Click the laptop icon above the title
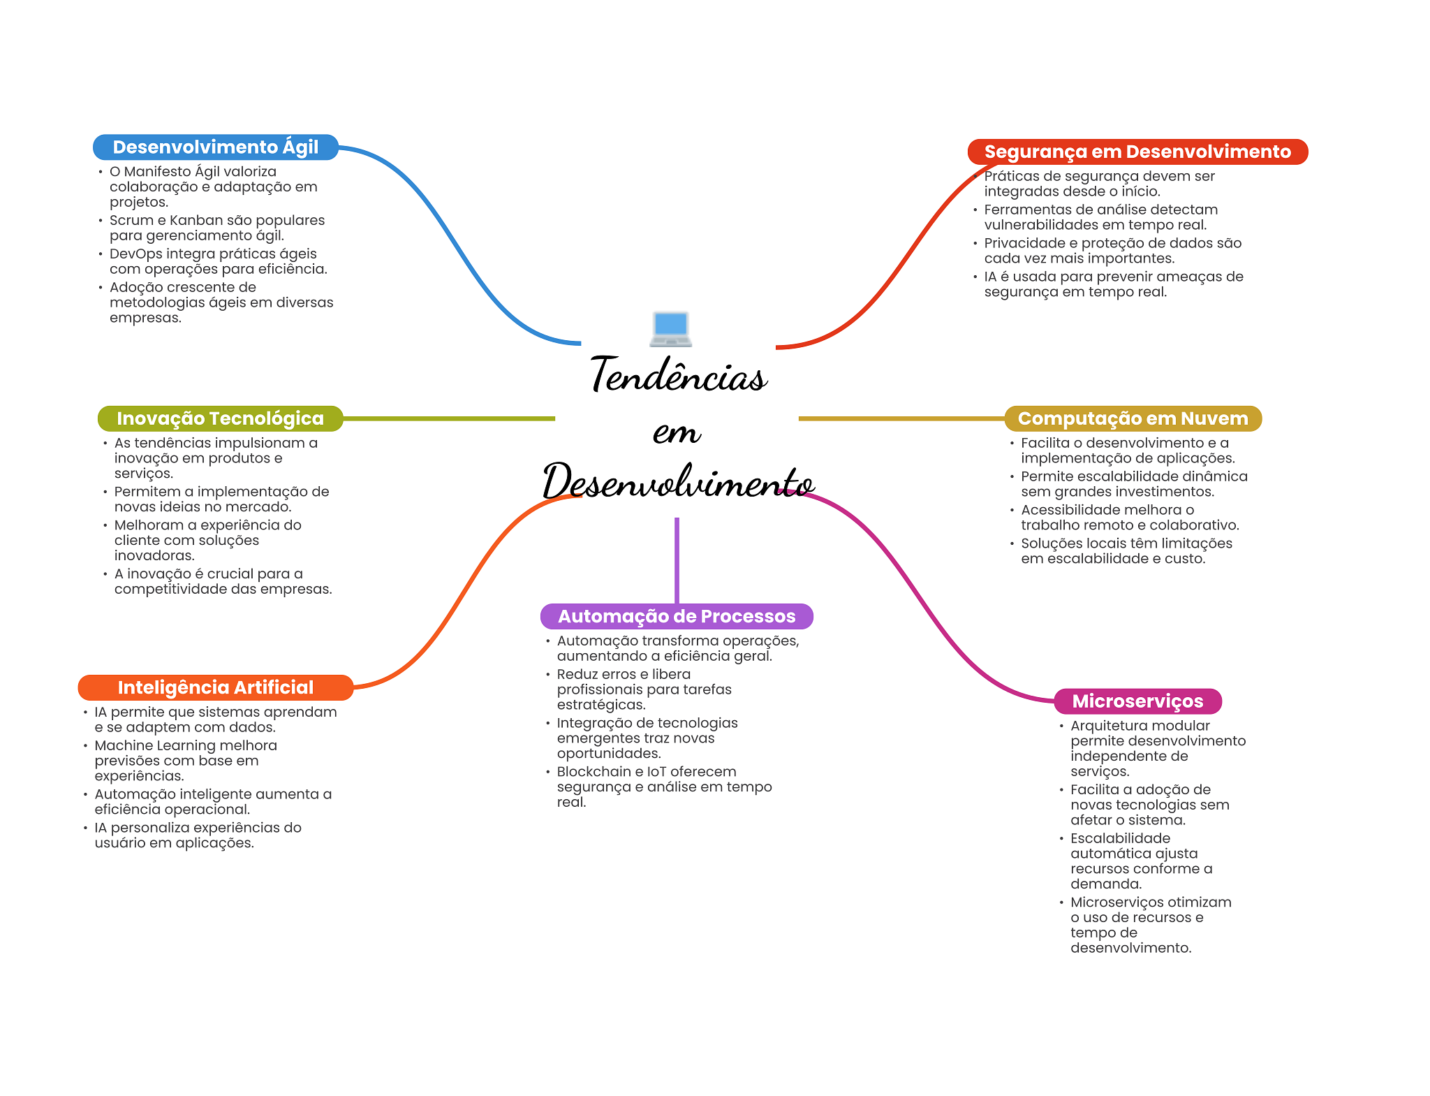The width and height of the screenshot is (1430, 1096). [x=670, y=328]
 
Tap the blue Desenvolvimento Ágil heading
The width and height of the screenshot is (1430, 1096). [x=215, y=147]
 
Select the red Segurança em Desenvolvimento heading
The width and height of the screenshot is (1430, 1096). [x=1137, y=152]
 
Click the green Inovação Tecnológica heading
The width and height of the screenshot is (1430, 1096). [x=220, y=418]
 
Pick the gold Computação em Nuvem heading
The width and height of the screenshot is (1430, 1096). [x=1133, y=418]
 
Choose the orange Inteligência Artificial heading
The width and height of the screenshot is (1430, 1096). [x=215, y=687]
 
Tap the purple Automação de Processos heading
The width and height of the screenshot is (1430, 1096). [x=676, y=616]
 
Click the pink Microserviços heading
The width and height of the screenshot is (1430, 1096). [x=1137, y=701]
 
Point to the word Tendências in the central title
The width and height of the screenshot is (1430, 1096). [x=678, y=375]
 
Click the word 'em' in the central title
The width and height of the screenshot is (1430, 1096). [x=676, y=432]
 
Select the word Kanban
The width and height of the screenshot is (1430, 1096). [x=195, y=220]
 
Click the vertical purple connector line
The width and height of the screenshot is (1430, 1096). [x=677, y=559]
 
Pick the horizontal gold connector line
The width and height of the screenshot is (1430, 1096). [x=901, y=418]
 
